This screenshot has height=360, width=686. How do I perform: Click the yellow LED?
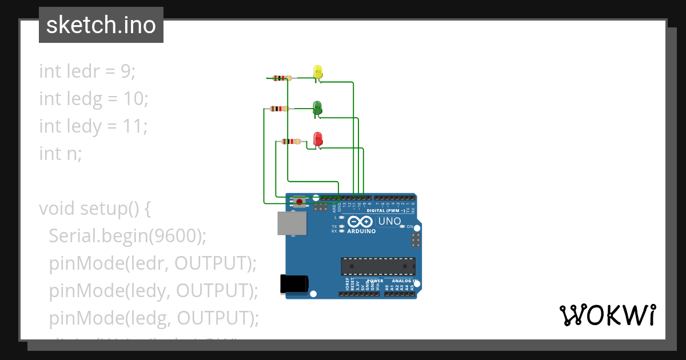tap(318, 72)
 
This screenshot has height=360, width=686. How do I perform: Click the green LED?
tap(318, 106)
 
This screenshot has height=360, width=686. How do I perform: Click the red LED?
tap(318, 139)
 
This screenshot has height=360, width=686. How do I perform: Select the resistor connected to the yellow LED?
tap(281, 78)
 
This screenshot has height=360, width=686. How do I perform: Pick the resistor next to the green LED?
tap(278, 109)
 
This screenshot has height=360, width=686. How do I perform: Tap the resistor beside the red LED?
tap(292, 142)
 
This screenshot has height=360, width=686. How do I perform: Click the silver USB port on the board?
tap(292, 223)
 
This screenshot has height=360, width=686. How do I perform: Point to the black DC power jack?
tap(294, 284)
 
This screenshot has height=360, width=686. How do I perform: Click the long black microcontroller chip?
tap(378, 266)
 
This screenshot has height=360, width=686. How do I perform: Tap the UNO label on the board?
tap(390, 221)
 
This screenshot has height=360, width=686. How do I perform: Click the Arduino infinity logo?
tap(361, 222)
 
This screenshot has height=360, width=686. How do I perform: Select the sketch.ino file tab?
tap(101, 25)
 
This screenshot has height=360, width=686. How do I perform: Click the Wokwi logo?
tap(607, 315)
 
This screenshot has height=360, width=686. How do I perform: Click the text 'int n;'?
tap(61, 153)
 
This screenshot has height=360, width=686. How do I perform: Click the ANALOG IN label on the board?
tap(402, 281)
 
